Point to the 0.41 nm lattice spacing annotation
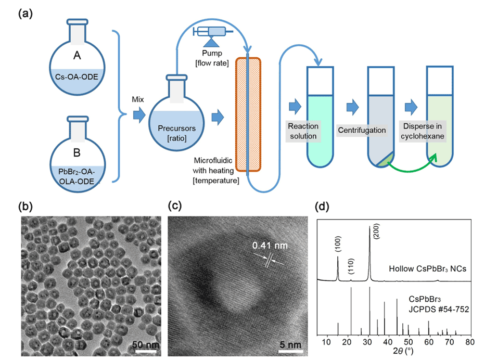coord(269,245)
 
